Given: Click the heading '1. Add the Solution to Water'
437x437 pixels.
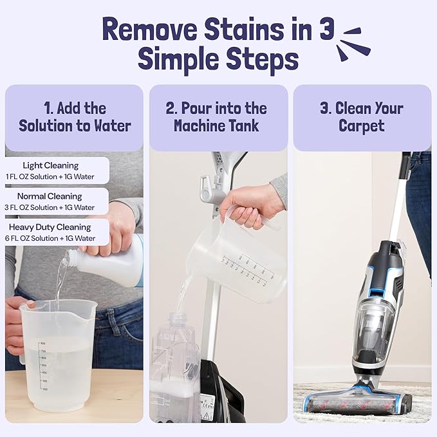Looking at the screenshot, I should (74, 116).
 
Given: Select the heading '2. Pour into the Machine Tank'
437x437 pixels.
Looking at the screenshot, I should (218, 116).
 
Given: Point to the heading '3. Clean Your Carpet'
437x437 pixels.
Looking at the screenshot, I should (362, 116).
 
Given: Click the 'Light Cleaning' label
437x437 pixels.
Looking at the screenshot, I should (51, 165).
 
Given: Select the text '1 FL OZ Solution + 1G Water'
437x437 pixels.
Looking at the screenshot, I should (51, 176).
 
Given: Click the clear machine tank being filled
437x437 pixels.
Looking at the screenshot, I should (175, 367).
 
